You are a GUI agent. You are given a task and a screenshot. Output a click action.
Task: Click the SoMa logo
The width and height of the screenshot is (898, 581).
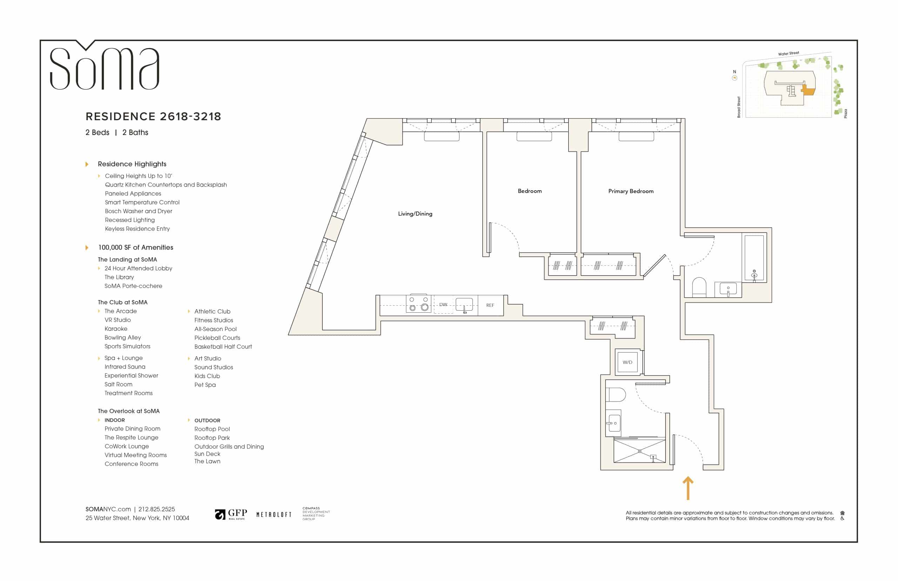point(105,66)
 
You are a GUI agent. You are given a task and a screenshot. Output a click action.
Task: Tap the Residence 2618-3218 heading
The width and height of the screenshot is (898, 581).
point(153,116)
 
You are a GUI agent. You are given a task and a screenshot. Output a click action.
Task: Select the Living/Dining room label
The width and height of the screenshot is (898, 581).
point(415,214)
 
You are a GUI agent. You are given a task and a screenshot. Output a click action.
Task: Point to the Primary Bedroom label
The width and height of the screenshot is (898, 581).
point(631,191)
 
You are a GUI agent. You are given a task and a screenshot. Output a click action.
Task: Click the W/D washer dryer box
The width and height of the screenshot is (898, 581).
point(628,362)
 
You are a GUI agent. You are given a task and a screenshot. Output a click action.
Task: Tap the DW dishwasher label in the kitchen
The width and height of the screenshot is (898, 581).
point(443,304)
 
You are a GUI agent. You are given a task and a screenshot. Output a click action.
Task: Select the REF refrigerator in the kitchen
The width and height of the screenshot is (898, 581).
point(490,305)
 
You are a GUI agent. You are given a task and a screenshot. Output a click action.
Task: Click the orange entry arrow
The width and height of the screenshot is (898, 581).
point(688,488)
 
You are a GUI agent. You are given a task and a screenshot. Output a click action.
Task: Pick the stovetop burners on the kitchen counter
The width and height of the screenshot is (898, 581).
point(418,304)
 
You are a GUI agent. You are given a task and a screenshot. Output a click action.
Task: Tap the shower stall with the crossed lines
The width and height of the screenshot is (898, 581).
point(639,451)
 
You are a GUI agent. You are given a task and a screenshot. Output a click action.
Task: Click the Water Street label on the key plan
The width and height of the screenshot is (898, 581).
point(788,54)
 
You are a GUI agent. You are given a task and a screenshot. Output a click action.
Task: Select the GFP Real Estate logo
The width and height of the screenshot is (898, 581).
point(231,514)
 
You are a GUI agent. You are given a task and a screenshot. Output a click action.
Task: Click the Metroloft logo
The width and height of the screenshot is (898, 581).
point(274,515)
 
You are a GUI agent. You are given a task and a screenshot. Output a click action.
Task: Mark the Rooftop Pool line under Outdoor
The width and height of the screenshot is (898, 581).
point(212,429)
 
